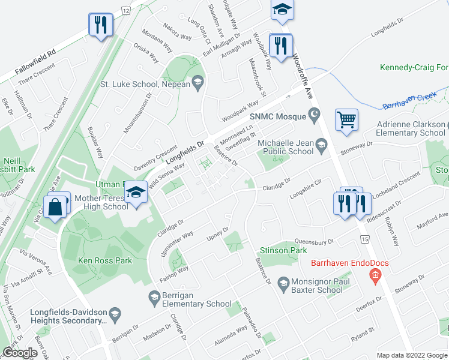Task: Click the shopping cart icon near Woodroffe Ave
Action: (x=346, y=120)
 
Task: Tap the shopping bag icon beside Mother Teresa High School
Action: (x=55, y=207)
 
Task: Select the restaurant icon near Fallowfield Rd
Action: (x=100, y=25)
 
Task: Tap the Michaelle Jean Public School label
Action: (x=285, y=148)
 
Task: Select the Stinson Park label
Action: (x=279, y=250)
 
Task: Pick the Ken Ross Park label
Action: (x=104, y=260)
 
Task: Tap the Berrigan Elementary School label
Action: (x=188, y=304)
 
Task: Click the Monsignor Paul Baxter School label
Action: (x=316, y=286)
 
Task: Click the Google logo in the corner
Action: (x=20, y=353)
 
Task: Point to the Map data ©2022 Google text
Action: (x=411, y=355)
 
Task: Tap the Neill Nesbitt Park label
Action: (x=18, y=166)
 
